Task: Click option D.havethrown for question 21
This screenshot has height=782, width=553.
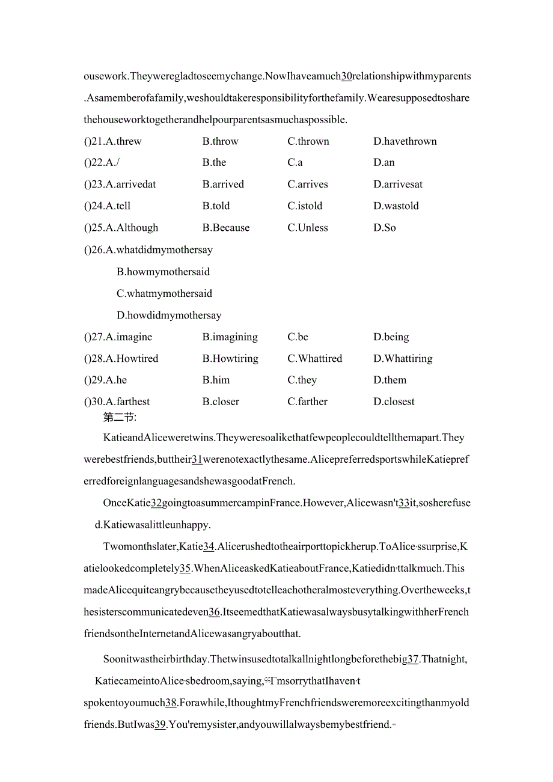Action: (405, 141)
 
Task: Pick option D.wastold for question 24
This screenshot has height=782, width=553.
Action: (396, 206)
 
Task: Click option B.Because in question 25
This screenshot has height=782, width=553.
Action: (225, 227)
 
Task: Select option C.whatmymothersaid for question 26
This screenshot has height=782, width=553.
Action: (164, 293)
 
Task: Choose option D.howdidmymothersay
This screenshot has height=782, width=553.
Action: (169, 315)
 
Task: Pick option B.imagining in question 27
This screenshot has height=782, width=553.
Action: (230, 337)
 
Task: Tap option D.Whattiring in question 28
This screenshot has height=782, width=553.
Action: (402, 358)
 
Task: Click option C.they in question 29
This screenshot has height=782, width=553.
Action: (302, 380)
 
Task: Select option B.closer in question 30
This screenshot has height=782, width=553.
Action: (221, 402)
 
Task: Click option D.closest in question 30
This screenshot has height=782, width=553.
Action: (394, 402)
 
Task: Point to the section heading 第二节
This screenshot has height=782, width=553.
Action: (120, 417)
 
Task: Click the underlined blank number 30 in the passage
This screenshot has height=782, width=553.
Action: (346, 76)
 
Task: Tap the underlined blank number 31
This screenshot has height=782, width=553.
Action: (197, 460)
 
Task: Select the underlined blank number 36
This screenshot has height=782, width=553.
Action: (214, 612)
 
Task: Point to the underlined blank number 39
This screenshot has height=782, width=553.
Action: (160, 724)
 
